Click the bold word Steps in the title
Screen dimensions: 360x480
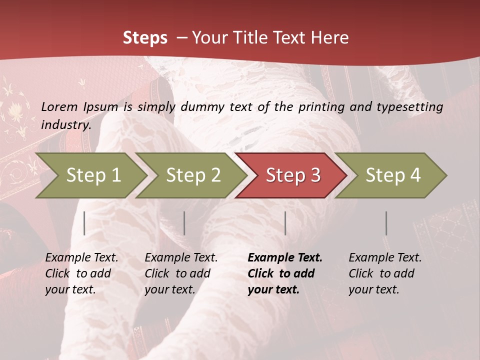145,38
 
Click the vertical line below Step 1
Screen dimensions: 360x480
84,223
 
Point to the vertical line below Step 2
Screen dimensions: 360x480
184,223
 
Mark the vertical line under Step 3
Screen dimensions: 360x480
285,223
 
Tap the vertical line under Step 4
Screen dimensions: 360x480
386,223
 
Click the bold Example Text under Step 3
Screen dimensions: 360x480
285,257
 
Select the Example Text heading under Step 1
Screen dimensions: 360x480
81,257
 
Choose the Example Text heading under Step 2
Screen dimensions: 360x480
181,257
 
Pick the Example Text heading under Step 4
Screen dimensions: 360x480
385,257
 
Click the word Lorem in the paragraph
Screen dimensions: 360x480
59,106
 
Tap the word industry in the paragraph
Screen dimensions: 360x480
66,124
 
